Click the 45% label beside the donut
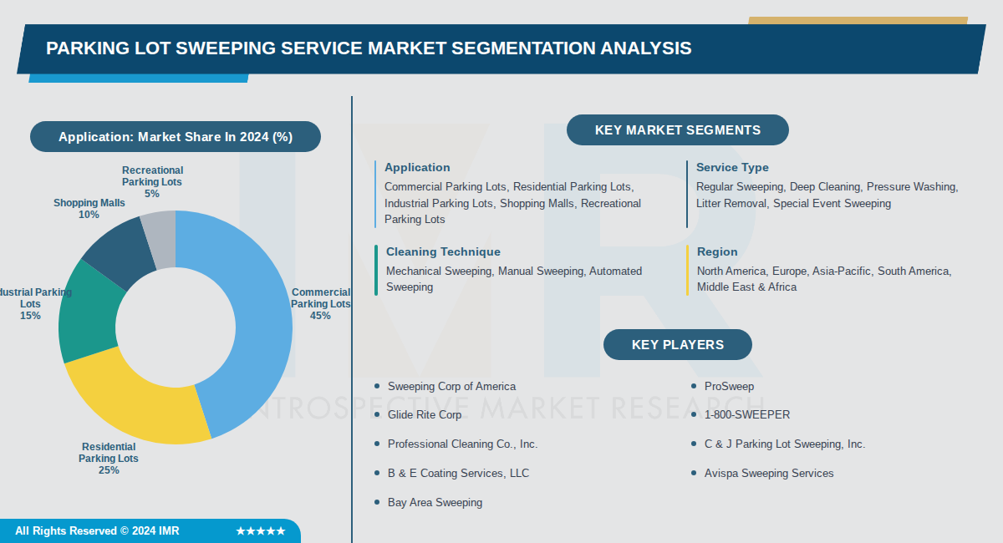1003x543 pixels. (x=320, y=316)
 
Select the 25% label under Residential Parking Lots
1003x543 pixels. (x=109, y=470)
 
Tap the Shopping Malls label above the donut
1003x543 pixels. (x=89, y=203)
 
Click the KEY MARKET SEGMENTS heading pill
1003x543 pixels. (x=678, y=130)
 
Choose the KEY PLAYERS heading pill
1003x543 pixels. (x=678, y=345)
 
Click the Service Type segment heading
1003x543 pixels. (x=732, y=167)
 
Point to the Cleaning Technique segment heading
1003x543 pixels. (x=443, y=251)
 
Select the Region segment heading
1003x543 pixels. (x=717, y=251)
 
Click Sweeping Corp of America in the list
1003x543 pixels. (x=451, y=386)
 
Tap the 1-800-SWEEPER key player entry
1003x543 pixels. (x=746, y=414)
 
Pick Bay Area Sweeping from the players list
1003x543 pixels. (x=435, y=502)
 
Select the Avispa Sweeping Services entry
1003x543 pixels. (x=769, y=473)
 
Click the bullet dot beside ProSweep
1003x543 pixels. (x=694, y=386)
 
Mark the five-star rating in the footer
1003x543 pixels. (x=261, y=531)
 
